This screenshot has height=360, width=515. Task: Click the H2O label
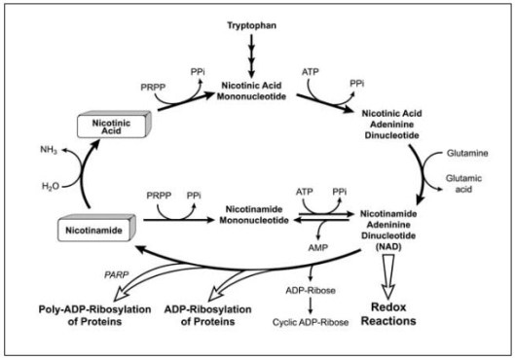(x=50, y=184)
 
